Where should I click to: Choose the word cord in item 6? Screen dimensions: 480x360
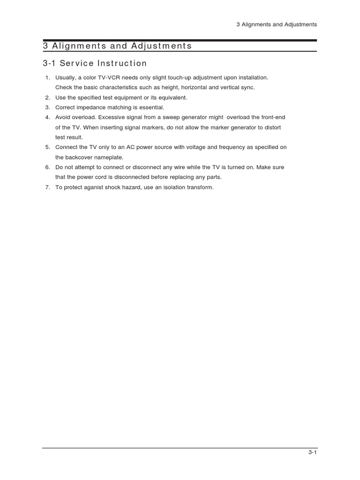pyautogui.click(x=103, y=177)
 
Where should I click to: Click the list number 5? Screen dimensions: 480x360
pyautogui.click(x=47, y=147)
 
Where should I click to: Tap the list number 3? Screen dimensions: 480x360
pyautogui.click(x=47, y=107)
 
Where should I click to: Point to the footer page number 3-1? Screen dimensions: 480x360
pyautogui.click(x=313, y=452)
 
